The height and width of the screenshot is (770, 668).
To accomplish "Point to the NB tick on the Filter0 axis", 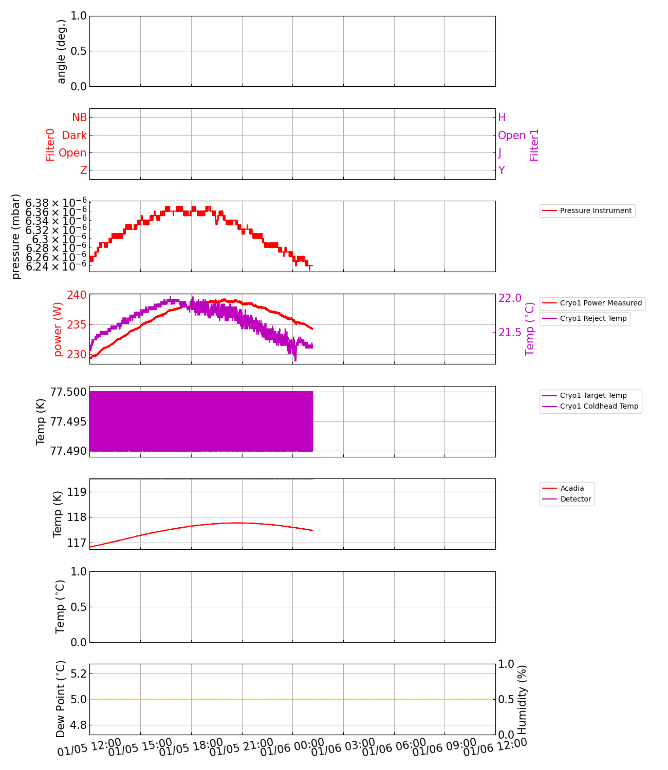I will (79, 118).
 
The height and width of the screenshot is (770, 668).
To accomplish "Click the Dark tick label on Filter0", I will (74, 136).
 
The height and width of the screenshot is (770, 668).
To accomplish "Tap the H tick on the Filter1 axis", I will (502, 118).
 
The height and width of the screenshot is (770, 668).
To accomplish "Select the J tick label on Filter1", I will (500, 153).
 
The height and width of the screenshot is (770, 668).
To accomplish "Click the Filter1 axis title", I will (534, 145).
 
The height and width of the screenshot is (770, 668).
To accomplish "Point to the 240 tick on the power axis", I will (77, 295).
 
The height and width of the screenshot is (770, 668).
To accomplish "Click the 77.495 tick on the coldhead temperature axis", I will (68, 422).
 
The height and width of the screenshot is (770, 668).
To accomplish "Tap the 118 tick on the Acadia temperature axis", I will (69, 517).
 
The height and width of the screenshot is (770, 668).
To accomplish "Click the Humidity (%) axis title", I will (522, 700).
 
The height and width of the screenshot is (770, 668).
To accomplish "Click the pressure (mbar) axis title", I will (16, 237).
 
